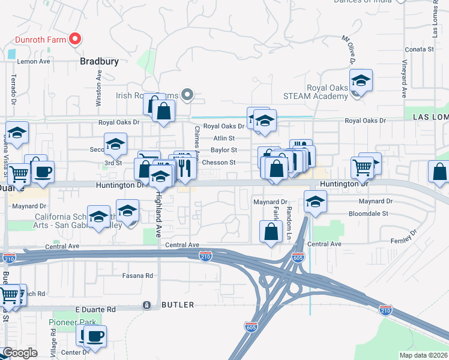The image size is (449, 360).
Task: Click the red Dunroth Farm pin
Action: coord(75,40)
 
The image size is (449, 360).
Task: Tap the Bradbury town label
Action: coord(99,61)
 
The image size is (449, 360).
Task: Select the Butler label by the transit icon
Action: coord(177,305)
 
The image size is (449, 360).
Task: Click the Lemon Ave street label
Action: coord(34,61)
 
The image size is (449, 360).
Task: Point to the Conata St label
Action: coord(420,49)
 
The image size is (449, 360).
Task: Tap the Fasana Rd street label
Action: coord(138,275)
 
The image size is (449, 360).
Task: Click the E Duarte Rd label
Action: coord(95,309)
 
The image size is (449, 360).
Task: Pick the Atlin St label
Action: coord(223,138)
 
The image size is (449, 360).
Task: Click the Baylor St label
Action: coord(224,150)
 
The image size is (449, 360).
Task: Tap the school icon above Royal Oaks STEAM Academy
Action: coord(361,80)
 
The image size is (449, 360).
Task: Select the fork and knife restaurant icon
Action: coord(184,170)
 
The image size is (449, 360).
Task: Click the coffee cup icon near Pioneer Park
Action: coord(94,335)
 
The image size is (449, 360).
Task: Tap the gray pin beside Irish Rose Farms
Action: coord(187,94)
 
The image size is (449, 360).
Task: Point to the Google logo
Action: coord(20,353)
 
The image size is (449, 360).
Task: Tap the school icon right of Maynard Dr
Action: coord(315,202)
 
